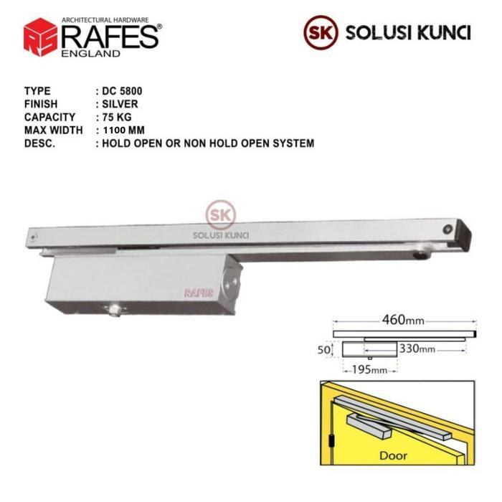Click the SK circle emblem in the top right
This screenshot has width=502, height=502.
point(320,33)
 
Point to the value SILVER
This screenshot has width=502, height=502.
point(120,105)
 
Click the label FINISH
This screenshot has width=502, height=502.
point(40,105)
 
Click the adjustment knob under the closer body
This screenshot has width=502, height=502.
point(113,313)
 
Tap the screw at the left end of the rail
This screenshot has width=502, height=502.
point(33,235)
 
